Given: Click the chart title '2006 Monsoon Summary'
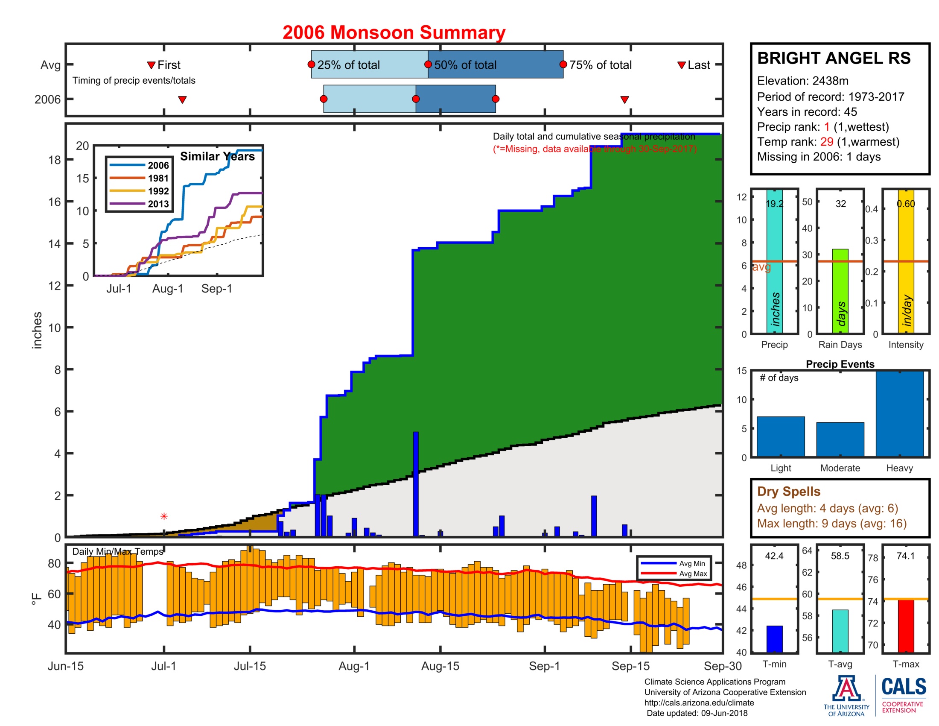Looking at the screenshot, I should click(394, 33).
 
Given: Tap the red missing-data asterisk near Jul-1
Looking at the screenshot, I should click(164, 516).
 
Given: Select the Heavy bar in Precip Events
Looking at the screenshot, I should click(899, 414).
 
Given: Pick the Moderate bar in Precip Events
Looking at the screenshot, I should click(840, 439).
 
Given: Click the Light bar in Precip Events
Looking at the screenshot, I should click(780, 436).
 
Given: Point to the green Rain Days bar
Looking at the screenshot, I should click(840, 291).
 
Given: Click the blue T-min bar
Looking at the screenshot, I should click(774, 639).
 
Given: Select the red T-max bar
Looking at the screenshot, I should click(905, 626).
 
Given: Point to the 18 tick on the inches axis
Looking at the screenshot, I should click(55, 160).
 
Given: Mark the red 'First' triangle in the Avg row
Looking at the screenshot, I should click(151, 65).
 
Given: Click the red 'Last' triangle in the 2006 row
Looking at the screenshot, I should click(624, 100).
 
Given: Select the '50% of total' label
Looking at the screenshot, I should click(465, 65).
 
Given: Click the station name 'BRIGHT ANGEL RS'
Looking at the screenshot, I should click(834, 58).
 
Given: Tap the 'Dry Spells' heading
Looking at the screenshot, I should click(788, 491).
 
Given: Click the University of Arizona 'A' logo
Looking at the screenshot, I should click(846, 688).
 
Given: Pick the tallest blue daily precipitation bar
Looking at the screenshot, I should click(415, 484).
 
